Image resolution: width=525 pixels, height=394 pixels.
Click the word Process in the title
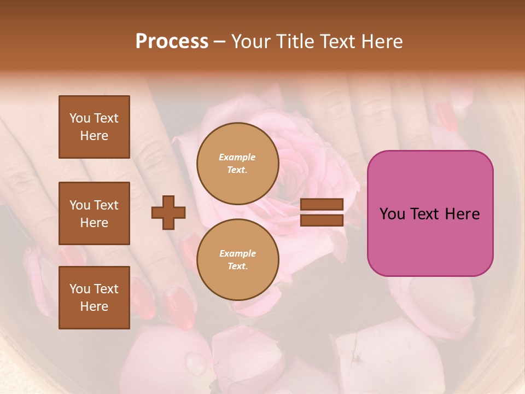(x=172, y=42)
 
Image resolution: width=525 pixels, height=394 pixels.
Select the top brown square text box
(x=94, y=127)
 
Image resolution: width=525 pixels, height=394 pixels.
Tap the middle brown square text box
(x=94, y=213)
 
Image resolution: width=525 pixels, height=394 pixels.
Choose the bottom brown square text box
(x=94, y=298)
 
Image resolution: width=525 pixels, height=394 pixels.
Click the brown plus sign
(x=168, y=212)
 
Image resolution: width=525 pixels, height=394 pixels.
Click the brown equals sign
(x=322, y=212)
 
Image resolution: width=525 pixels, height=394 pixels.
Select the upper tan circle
(x=237, y=163)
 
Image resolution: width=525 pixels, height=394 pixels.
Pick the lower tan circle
(x=237, y=259)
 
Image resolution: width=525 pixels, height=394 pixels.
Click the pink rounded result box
(x=430, y=213)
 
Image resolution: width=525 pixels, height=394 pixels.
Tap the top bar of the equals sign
(x=322, y=205)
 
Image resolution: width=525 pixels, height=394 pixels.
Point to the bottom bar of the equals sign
(x=322, y=220)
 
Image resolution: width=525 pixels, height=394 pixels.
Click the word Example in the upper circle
(x=237, y=157)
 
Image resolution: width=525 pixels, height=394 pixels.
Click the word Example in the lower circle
(x=237, y=253)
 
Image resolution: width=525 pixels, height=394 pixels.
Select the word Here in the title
(x=382, y=42)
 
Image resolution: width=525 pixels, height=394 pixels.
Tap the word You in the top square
(x=80, y=118)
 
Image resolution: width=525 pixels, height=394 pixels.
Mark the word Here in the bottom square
(x=94, y=306)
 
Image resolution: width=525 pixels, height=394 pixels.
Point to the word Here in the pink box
(x=462, y=214)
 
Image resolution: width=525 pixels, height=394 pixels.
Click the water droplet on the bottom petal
(x=195, y=363)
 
